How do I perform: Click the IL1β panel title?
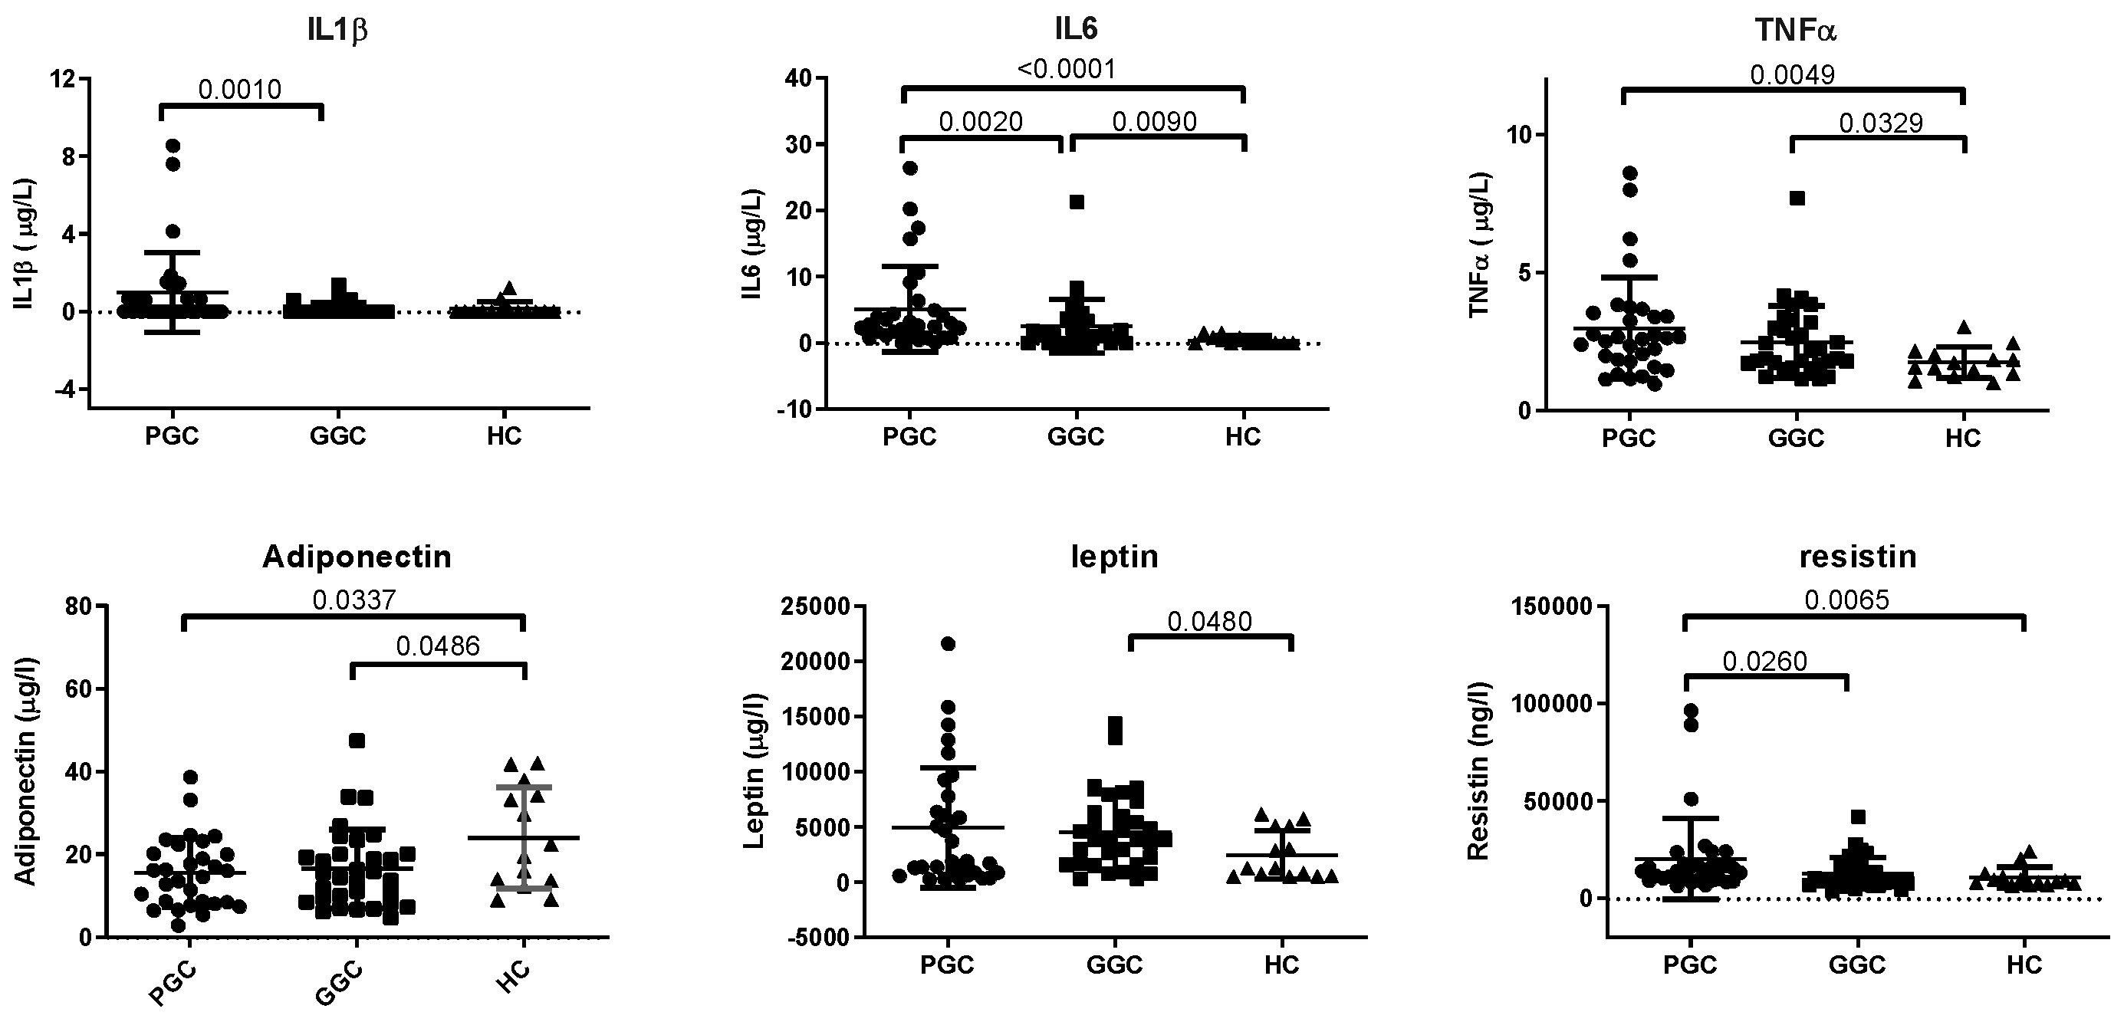[337, 31]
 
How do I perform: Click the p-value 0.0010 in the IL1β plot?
[240, 89]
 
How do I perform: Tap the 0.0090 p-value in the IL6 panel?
[1154, 122]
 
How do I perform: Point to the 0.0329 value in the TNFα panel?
[1881, 123]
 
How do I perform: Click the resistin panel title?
[1857, 557]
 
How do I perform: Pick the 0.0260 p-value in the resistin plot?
[1764, 661]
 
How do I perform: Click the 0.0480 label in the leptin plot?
[1209, 622]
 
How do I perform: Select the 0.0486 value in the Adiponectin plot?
[438, 646]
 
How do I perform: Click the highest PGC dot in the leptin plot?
[949, 644]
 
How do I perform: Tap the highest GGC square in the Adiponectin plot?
[357, 740]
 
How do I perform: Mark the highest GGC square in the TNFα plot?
[1797, 198]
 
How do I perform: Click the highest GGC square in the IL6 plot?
[1077, 202]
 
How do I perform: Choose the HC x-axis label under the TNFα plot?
[1962, 439]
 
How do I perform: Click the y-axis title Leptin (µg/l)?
[754, 773]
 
